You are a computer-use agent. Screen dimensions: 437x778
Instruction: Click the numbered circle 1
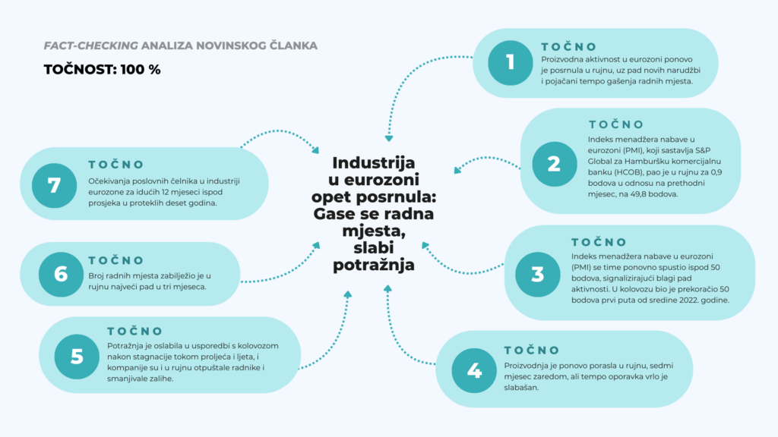511,62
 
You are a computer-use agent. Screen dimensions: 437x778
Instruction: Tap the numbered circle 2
553,162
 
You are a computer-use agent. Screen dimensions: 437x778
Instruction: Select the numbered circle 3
538,273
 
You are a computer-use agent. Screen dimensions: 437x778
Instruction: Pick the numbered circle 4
474,370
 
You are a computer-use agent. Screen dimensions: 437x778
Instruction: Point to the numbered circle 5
77,357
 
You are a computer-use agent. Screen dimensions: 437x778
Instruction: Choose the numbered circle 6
61,273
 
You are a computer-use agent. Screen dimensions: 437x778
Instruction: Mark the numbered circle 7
55,185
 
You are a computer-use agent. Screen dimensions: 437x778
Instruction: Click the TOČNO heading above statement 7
115,165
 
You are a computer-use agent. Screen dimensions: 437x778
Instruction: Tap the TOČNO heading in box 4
531,350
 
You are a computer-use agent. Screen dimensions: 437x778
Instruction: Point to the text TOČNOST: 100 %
103,69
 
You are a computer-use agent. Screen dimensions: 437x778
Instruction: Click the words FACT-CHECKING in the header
80,46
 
